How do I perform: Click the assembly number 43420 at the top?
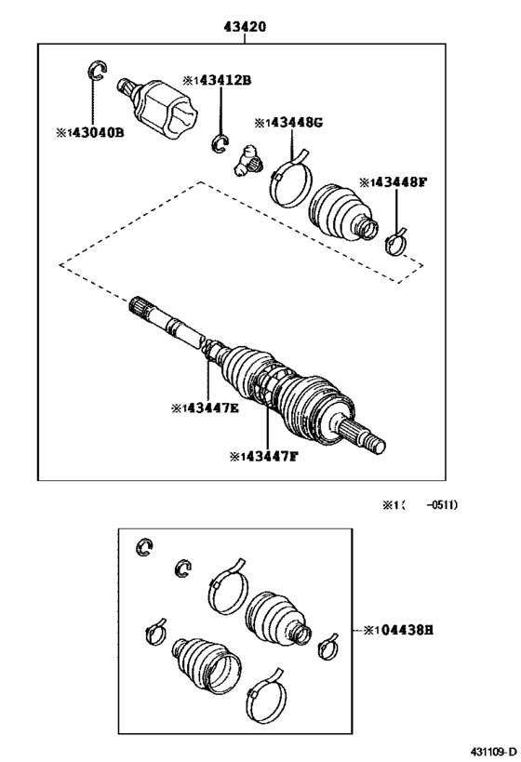244,27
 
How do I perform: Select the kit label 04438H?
397,630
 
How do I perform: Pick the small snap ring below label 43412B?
221,140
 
